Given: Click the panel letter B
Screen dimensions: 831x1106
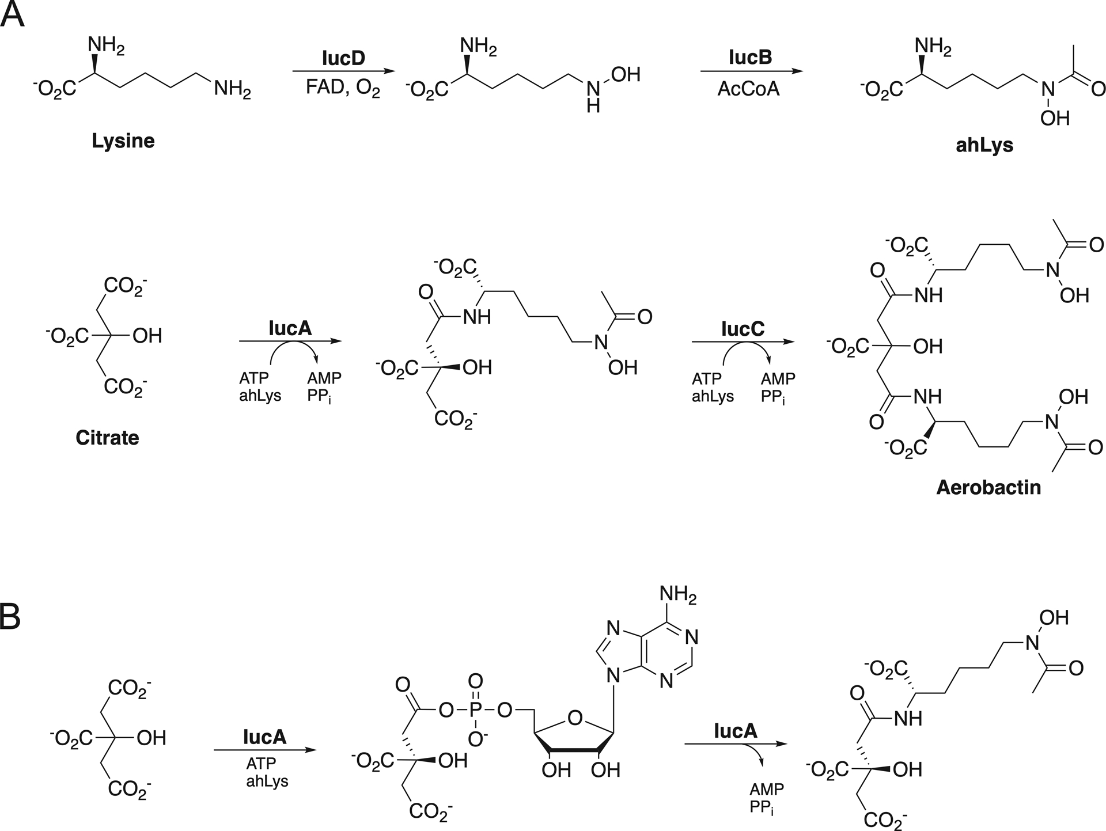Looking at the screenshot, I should (11, 617).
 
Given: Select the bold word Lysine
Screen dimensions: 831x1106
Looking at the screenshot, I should (123, 141).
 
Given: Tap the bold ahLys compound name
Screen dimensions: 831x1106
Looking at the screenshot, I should (984, 145).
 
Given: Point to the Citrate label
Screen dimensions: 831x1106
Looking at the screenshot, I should (107, 438).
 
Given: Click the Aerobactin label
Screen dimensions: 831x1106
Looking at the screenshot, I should (988, 487).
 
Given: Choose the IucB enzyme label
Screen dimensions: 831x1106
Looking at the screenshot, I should (750, 58).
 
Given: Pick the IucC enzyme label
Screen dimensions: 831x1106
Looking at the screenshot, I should (743, 328).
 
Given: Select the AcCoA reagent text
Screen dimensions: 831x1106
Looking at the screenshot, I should (749, 89).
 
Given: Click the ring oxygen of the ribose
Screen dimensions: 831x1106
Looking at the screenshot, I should (574, 718).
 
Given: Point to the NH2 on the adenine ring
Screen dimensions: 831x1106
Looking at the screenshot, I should (678, 594).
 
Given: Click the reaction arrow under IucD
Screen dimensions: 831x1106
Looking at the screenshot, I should (343, 71).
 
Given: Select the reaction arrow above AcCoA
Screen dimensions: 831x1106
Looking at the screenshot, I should (751, 71).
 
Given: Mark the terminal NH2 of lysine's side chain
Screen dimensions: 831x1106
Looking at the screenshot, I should (232, 90).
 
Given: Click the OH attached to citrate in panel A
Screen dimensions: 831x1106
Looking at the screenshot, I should (147, 336).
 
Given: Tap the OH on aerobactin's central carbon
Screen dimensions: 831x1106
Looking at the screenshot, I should (928, 346).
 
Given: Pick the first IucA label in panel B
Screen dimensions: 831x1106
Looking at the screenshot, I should (264, 737).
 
